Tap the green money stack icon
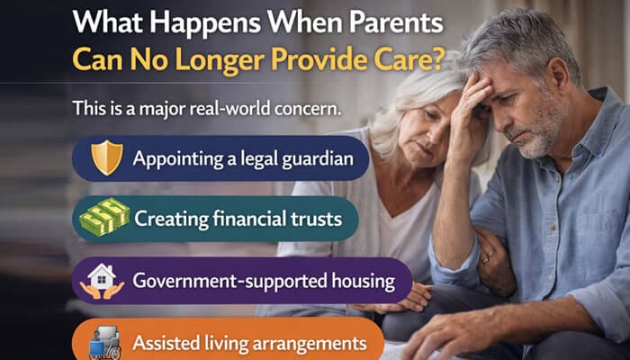pos(105,219)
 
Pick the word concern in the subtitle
pos(305,108)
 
